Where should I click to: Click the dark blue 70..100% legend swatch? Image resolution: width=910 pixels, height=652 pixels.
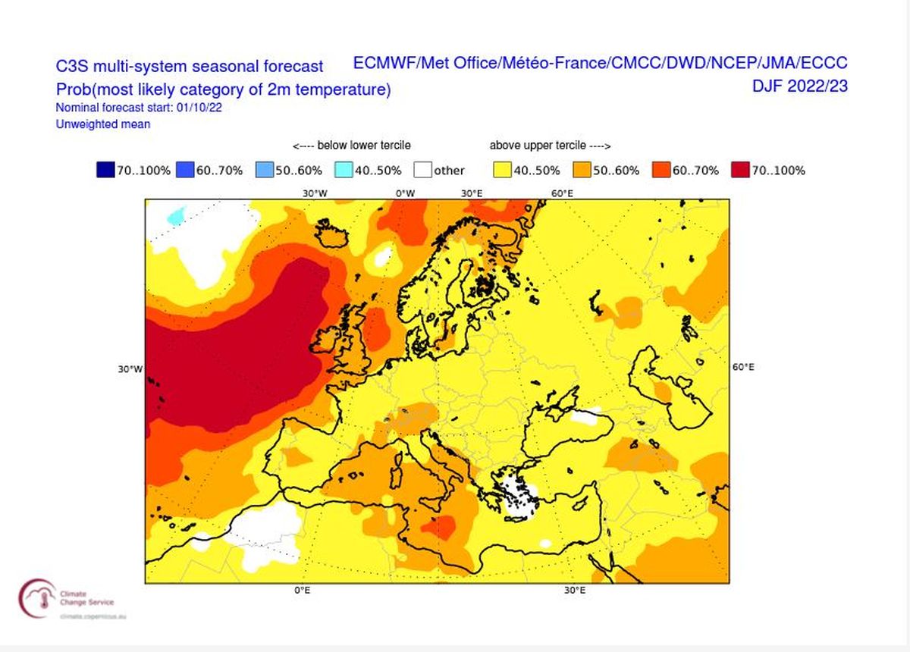click(x=105, y=170)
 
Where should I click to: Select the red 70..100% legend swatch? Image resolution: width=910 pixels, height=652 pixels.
click(x=741, y=170)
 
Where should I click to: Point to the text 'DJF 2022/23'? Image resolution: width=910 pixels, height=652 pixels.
click(x=799, y=86)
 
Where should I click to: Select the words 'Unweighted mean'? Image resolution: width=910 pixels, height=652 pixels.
click(x=103, y=124)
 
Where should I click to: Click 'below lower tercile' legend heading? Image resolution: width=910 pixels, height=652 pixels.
click(x=352, y=146)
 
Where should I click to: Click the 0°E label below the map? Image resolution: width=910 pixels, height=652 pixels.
click(x=302, y=591)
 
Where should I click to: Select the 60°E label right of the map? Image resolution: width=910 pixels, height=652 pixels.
click(x=742, y=367)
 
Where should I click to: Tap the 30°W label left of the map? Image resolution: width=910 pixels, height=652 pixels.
click(x=130, y=369)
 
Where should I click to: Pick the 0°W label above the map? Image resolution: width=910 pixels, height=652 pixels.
click(x=406, y=193)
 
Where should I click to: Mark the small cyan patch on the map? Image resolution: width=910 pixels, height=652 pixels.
click(x=176, y=216)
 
